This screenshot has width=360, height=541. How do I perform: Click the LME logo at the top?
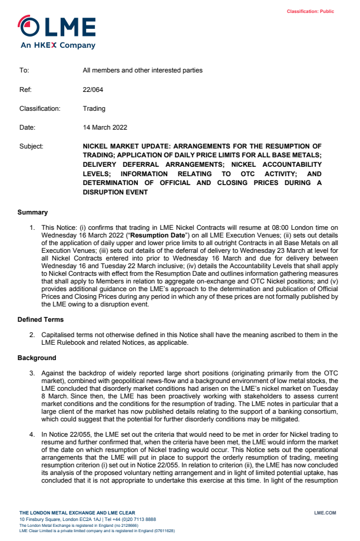tap(57, 27)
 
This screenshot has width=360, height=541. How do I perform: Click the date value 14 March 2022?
tap(105, 127)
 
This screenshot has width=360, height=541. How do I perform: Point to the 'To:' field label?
tap(24, 70)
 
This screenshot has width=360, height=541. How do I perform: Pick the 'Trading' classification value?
tap(94, 108)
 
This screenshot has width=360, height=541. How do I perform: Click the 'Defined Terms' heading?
tap(40, 319)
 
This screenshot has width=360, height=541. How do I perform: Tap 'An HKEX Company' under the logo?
tap(58, 45)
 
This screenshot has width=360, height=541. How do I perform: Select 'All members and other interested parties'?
tap(143, 70)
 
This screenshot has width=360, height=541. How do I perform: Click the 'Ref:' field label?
tap(25, 90)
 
